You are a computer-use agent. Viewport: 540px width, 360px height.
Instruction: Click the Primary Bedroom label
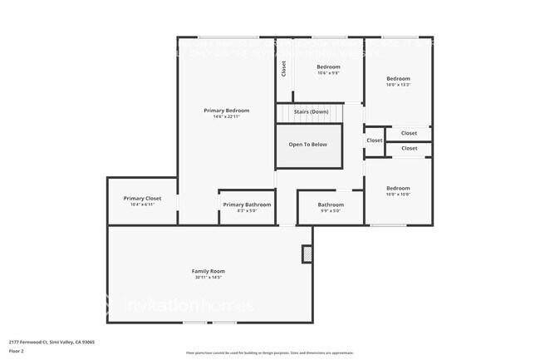coord(226,111)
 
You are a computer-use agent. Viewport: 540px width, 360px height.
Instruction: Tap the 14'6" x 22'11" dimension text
coord(226,117)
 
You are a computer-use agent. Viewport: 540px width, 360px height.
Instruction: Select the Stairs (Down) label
coord(311,111)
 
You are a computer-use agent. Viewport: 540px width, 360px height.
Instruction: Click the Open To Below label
coord(307,145)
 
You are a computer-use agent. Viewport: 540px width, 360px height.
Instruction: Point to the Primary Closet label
coord(142,199)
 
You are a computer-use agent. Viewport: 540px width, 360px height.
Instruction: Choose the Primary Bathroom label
coord(247,205)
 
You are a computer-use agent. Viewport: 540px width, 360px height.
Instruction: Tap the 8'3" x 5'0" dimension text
coord(247,211)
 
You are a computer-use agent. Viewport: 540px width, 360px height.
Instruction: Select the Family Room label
coord(209,271)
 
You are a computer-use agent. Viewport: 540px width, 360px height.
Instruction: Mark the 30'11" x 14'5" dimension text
coord(209,278)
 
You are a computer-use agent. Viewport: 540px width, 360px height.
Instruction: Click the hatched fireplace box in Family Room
coord(307,254)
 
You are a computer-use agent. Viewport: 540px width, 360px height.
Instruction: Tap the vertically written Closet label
coord(283,68)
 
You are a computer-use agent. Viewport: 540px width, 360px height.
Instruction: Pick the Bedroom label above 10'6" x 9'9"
coord(328,67)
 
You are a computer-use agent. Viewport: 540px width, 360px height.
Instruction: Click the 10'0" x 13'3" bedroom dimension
coord(398,85)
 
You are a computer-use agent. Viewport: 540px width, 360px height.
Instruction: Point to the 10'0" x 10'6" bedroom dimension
coord(398,195)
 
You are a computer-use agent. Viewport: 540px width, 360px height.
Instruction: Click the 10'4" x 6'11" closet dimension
coord(142,205)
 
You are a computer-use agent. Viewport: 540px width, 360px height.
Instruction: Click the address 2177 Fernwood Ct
coord(52,342)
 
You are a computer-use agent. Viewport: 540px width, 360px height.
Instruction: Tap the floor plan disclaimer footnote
coord(270,353)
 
